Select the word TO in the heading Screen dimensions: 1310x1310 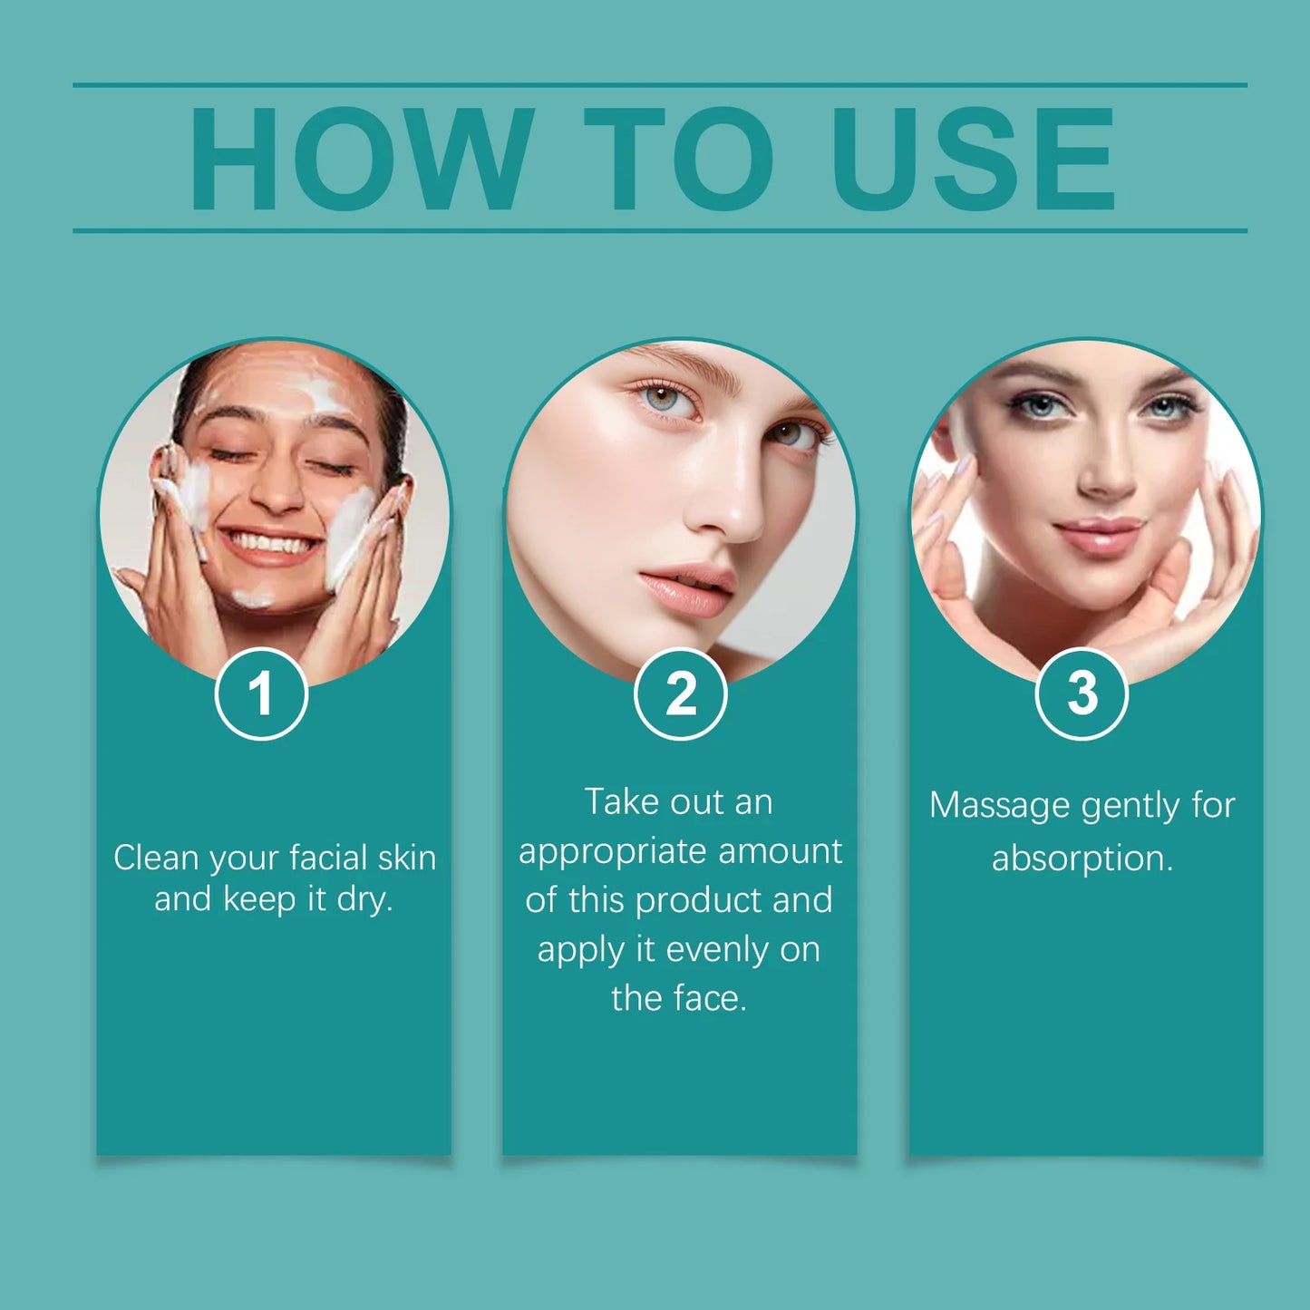click(678, 159)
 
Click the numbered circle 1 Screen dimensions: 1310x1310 click(261, 694)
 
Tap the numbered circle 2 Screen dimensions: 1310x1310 click(680, 694)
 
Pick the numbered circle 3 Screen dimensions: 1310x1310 click(1082, 694)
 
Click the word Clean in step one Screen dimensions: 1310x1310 click(155, 858)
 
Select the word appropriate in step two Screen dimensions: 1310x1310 click(612, 852)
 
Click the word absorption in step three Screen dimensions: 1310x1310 click(1082, 858)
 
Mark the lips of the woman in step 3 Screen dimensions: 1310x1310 click(1099, 535)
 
